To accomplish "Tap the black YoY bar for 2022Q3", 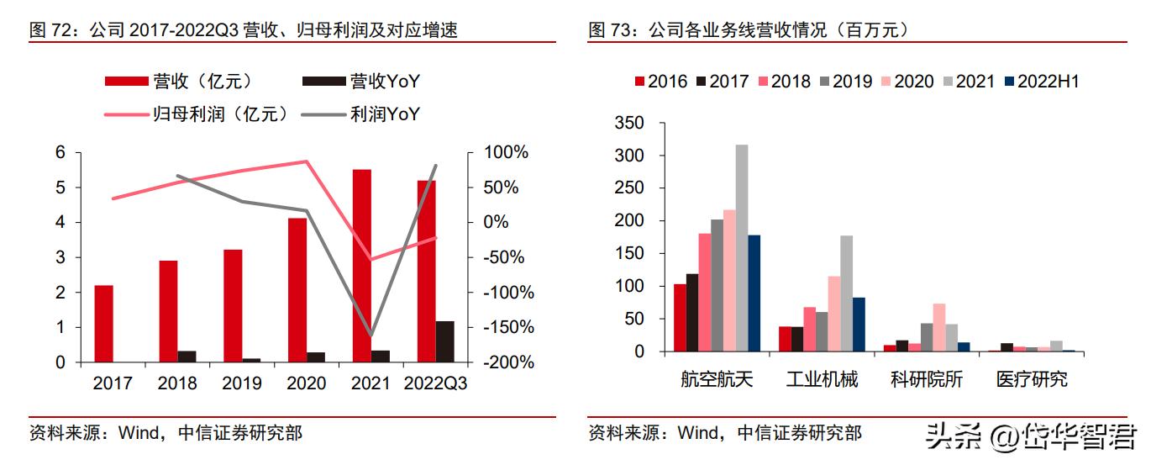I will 445,341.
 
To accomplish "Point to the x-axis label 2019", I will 242,383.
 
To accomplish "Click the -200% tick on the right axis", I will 507,362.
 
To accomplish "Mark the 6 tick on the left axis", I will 60,152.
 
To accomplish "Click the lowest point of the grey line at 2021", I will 371,336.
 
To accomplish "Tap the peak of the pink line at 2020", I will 307,161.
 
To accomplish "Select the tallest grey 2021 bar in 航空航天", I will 742,248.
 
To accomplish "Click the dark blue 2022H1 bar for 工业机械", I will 859,325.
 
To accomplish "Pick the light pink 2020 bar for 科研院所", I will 939,327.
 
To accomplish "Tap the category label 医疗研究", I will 1032,379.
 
